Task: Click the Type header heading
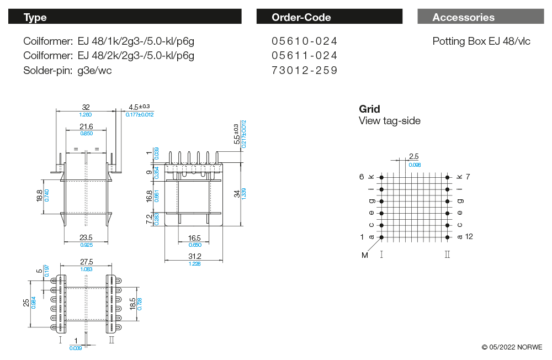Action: point(35,17)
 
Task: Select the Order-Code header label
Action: point(301,17)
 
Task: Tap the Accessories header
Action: point(463,17)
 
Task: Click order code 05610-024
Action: point(304,41)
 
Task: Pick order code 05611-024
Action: point(304,56)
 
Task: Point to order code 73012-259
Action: point(304,70)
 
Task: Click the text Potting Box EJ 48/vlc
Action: point(481,41)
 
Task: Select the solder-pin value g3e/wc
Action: point(94,70)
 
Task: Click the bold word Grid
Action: point(369,109)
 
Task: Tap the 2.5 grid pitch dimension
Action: point(414,157)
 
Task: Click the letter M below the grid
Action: point(364,255)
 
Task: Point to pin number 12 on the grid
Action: point(469,236)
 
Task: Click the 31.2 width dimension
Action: point(195,256)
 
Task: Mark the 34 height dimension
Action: point(237,194)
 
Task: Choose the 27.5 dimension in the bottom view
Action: point(86,262)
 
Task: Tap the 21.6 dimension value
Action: point(87,126)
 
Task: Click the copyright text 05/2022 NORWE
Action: point(512,347)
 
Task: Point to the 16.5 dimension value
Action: point(195,238)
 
